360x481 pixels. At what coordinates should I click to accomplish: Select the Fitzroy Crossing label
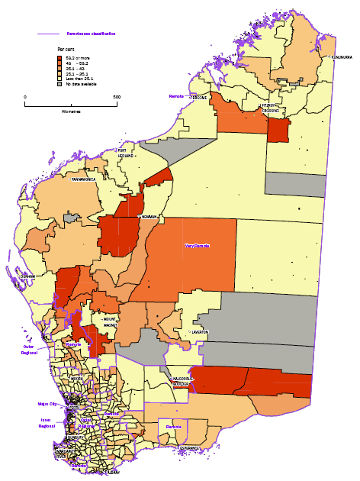(x=271, y=108)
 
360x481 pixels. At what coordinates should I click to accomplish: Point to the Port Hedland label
(x=126, y=153)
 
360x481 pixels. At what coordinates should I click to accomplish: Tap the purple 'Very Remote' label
(x=198, y=246)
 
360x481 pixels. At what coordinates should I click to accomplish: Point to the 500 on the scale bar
(x=117, y=97)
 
